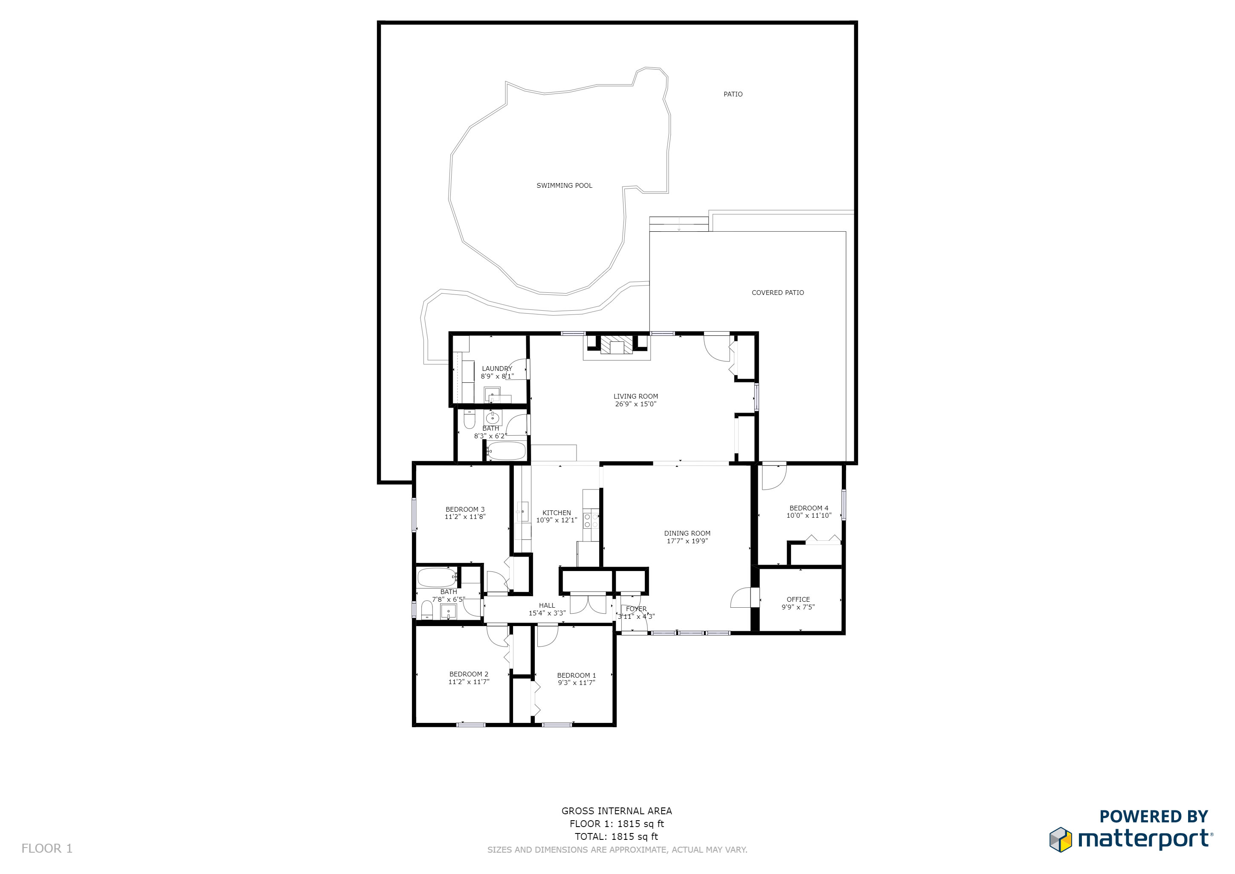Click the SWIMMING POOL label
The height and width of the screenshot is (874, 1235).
click(564, 186)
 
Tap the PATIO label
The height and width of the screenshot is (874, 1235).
click(733, 94)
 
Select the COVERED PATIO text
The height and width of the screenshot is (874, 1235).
click(778, 293)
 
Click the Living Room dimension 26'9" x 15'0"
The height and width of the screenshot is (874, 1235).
click(636, 404)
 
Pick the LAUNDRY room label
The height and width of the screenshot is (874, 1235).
click(497, 369)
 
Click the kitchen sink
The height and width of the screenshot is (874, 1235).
click(522, 511)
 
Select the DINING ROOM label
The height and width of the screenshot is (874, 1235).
click(687, 533)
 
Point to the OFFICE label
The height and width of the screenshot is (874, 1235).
click(798, 600)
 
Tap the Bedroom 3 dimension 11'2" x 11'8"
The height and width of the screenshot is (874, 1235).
click(465, 517)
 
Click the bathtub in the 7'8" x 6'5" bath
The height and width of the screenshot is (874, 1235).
click(437, 577)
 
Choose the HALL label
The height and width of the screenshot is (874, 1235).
click(547, 606)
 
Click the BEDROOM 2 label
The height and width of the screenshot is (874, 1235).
click(469, 674)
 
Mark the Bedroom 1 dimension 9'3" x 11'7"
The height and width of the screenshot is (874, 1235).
click(576, 683)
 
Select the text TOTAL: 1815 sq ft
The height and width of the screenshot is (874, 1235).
click(616, 837)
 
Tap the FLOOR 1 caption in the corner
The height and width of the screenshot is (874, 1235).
click(47, 849)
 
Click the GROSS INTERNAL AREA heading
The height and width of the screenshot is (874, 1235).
click(616, 811)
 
